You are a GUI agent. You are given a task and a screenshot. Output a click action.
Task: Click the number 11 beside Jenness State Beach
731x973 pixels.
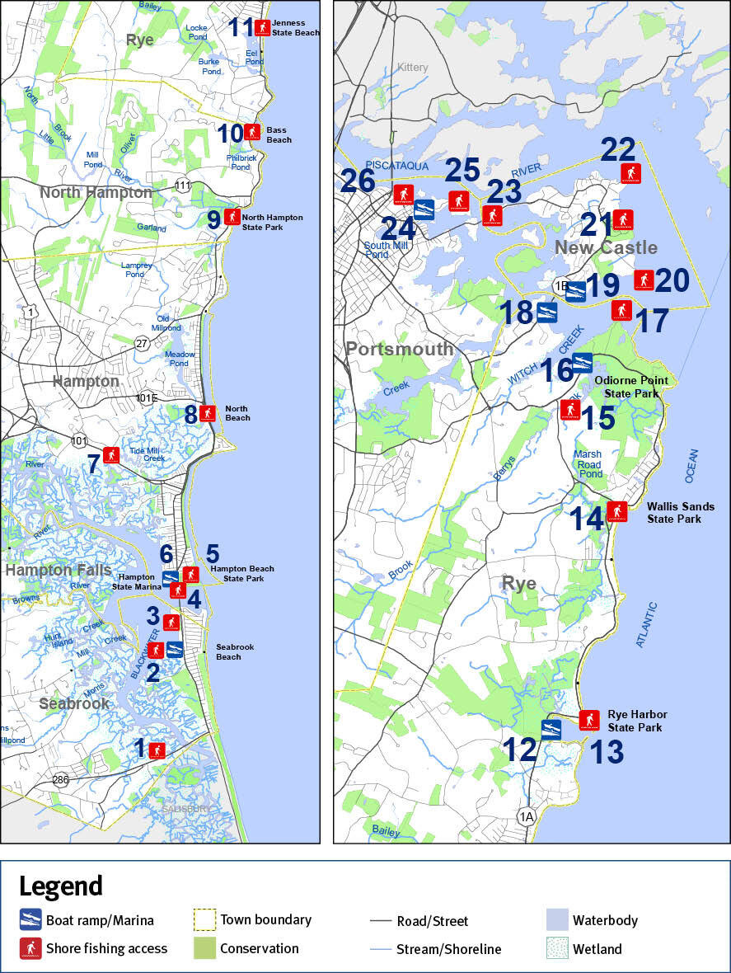(241, 27)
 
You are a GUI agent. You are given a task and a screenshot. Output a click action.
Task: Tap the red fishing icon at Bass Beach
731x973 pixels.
(253, 132)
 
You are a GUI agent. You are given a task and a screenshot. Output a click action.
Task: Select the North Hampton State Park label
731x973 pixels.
(272, 222)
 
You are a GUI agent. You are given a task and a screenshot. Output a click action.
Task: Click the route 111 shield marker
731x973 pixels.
(182, 186)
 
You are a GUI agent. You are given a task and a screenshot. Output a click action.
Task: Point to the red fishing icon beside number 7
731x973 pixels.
(111, 454)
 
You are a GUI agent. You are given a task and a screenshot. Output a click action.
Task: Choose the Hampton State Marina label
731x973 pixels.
(137, 582)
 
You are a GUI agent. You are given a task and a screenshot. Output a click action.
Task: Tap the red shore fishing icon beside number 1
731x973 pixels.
(157, 750)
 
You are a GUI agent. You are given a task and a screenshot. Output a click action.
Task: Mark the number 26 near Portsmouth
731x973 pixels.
(358, 180)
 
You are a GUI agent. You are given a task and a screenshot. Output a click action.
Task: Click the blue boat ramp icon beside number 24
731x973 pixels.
(424, 209)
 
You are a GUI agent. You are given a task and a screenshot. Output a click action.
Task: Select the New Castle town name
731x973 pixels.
(606, 247)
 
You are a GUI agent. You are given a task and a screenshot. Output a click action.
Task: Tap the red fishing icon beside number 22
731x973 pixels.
(631, 173)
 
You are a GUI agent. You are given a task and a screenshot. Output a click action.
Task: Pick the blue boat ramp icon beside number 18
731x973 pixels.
(547, 312)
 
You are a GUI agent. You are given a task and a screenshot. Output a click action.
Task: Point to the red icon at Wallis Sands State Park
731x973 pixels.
(616, 511)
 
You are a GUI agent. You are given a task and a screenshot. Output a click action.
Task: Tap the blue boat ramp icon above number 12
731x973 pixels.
(551, 729)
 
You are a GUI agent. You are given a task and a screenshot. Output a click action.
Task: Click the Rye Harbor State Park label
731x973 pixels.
(637, 721)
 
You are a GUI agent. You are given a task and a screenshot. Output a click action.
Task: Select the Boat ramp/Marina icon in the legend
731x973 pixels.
(30, 919)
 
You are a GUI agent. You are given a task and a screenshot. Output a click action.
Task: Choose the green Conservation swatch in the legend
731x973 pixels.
(204, 948)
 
